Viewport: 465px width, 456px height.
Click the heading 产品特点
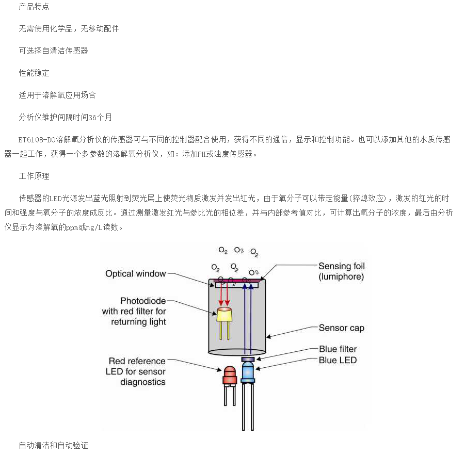tap(34, 7)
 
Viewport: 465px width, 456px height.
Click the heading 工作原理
tap(34, 176)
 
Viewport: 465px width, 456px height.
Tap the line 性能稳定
tap(34, 73)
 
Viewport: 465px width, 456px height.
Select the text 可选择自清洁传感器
tap(54, 51)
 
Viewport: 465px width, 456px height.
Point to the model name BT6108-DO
tap(36, 140)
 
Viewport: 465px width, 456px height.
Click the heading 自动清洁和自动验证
tap(54, 445)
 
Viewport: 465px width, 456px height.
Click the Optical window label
tap(136, 274)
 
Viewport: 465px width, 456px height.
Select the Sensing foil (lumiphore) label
tap(341, 271)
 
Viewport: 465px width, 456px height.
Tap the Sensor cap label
tap(341, 328)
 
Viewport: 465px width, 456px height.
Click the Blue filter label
tap(338, 350)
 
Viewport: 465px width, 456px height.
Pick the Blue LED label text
tap(338, 360)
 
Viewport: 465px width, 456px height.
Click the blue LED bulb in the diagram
tap(248, 371)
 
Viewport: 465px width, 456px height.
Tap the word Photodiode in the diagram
tap(143, 301)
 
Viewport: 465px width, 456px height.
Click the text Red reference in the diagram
tap(137, 361)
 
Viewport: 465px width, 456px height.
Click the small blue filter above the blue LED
tap(248, 359)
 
